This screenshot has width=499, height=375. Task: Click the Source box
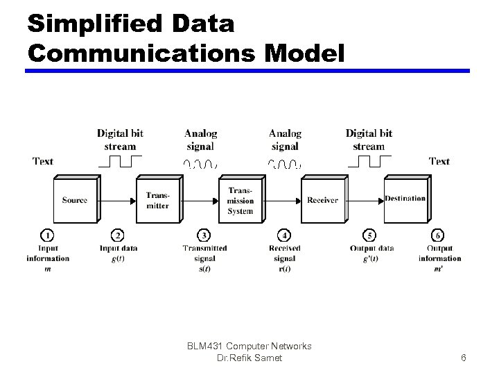coord(75,200)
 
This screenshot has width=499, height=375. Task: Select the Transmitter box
coord(157,200)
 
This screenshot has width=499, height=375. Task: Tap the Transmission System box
coord(240,201)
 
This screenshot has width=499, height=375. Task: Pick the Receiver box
coord(322,200)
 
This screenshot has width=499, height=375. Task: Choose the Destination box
coord(405,199)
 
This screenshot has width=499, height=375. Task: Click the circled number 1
coord(48,235)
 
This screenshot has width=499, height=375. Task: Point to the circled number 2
coord(119,235)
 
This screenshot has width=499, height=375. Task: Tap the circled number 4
coord(284,235)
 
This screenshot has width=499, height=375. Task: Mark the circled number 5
coord(371,235)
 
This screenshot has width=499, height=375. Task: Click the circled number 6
coord(439,235)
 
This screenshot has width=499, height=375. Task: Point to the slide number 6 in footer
coord(464,358)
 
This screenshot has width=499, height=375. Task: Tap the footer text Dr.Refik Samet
coord(250,358)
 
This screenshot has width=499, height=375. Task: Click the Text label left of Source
coord(43,161)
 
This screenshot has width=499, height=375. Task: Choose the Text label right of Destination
coord(439,161)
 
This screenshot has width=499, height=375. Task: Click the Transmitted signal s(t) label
coord(204,258)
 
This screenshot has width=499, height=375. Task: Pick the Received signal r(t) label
coord(285,258)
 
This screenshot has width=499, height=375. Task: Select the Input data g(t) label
coord(119,253)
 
